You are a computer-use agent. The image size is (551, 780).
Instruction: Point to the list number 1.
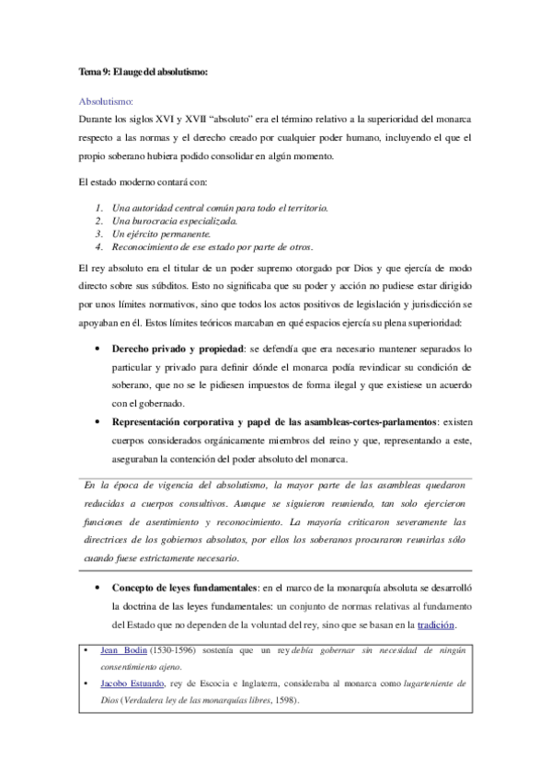point(99,208)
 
